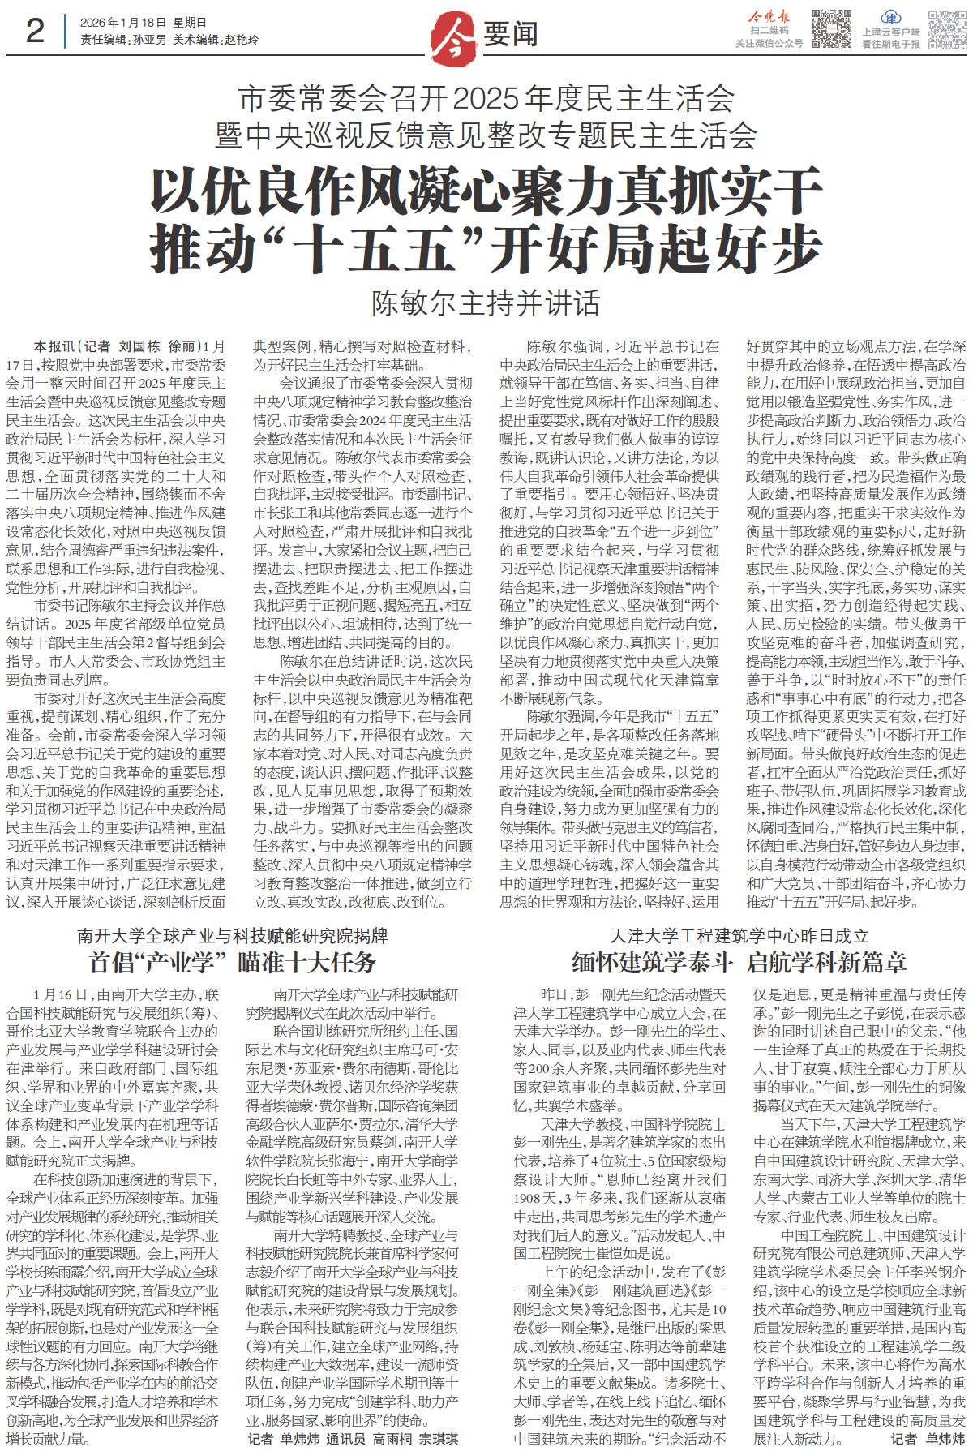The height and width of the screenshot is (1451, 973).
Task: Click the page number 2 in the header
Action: (34, 32)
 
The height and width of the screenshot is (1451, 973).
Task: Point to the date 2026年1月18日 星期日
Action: (144, 23)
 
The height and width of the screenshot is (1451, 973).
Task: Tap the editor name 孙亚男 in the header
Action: (148, 40)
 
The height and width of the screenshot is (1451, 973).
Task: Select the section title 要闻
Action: (511, 34)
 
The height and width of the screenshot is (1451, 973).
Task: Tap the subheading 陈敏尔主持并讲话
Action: (486, 303)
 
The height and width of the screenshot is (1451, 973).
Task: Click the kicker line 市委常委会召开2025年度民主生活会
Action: (486, 98)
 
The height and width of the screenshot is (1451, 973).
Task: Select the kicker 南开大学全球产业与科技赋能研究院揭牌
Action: (233, 935)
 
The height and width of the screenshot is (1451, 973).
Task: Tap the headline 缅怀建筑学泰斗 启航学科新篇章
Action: (739, 963)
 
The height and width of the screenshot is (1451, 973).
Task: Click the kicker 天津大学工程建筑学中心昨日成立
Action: (739, 935)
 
